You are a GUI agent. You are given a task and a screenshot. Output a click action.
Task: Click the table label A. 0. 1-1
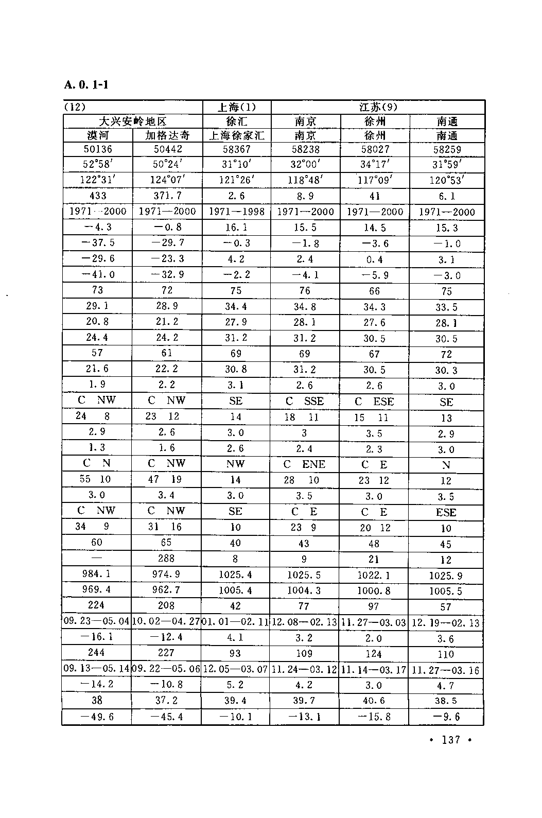point(86,84)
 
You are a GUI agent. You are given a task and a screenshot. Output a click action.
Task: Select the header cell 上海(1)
point(236,107)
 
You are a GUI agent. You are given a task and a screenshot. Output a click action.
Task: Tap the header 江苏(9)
point(378,107)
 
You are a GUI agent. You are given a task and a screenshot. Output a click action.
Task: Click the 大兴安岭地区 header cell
point(133,121)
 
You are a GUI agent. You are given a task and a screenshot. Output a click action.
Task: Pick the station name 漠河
point(97,135)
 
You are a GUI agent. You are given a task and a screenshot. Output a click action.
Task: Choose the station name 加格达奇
point(167,135)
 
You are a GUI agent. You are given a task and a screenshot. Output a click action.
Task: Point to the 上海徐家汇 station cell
point(236,135)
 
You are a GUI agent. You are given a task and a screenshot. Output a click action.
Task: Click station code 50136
point(98,149)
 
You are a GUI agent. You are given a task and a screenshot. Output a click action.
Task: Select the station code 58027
point(375,149)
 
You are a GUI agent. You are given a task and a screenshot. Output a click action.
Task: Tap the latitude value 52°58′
point(98,165)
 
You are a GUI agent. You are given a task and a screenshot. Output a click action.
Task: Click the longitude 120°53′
point(446,181)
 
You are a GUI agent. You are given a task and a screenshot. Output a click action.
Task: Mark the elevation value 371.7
point(167,196)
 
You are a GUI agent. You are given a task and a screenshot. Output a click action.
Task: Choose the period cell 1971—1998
point(236,212)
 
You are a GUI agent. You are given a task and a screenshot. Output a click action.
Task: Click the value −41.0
point(98,274)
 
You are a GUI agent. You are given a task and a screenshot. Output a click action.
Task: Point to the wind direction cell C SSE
point(305,401)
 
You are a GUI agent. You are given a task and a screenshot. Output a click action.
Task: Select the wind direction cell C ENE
point(305,464)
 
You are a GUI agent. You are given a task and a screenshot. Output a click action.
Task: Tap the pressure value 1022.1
point(374,575)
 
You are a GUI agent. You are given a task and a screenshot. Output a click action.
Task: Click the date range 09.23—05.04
point(97,621)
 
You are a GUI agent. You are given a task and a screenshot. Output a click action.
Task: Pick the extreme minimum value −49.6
point(97,717)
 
